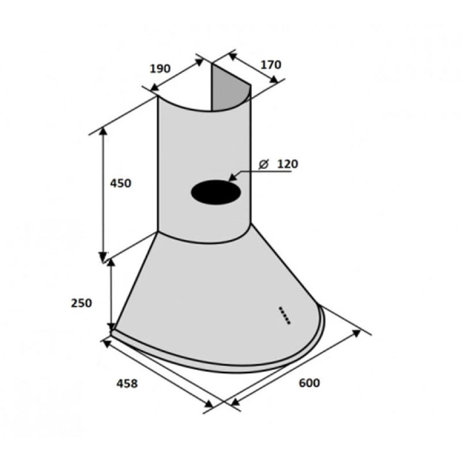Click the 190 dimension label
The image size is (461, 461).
coord(160,69)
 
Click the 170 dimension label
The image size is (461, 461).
coord(271,65)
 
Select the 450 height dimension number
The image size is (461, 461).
coord(120,183)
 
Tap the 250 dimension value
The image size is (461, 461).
coord(81,303)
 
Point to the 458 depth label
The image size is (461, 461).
coord(127,383)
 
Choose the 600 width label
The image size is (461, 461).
coord(309,383)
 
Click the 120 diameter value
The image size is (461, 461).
coord(288,164)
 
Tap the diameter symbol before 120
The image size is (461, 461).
coord(263,164)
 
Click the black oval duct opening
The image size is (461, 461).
coord(216,192)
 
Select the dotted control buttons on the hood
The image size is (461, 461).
coord(284,315)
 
